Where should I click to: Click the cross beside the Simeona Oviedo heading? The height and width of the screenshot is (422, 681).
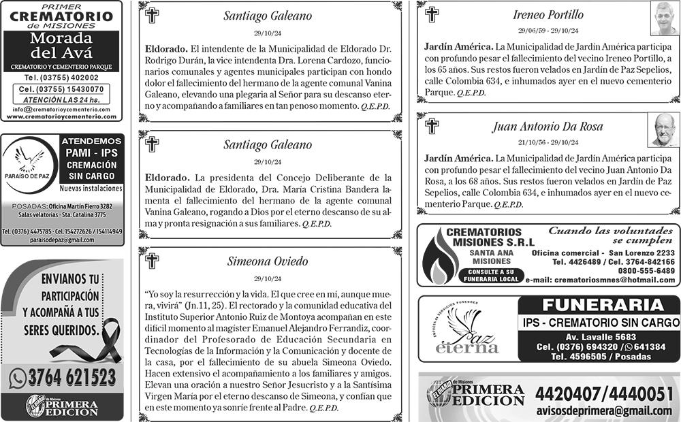(x=153, y=261)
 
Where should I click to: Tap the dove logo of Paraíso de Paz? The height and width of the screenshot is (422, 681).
(x=29, y=162)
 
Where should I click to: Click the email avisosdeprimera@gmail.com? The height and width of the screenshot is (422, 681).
(x=604, y=410)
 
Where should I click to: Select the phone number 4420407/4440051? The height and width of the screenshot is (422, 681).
(x=604, y=393)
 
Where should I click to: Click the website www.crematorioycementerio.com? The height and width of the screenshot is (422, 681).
(x=61, y=116)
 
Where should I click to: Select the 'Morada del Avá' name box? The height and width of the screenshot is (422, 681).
(x=61, y=46)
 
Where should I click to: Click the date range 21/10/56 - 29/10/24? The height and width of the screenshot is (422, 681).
(x=548, y=143)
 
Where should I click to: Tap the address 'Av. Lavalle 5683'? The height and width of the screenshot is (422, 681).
(x=601, y=336)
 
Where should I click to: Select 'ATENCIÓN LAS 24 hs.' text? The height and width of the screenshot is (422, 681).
(x=61, y=99)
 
